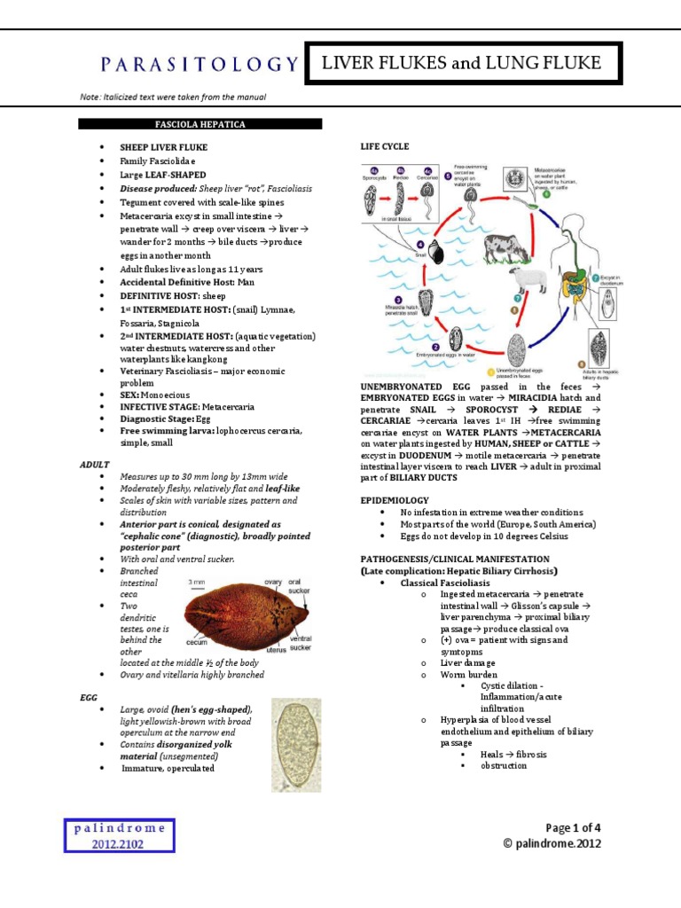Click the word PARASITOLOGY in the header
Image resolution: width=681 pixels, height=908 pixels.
tap(198, 64)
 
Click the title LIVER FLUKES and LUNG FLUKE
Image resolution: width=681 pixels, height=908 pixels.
tap(462, 63)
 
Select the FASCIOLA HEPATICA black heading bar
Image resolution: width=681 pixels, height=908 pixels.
tap(200, 124)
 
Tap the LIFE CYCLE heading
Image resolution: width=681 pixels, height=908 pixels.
tap(384, 145)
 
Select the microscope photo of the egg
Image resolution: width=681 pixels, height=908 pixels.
tap(296, 744)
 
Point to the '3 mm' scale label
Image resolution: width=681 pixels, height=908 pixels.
tap(199, 583)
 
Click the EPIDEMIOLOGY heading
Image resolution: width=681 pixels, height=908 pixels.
tap(394, 500)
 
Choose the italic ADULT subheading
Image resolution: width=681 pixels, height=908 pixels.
tap(93, 464)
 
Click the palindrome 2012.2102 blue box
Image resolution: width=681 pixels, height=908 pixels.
tap(119, 835)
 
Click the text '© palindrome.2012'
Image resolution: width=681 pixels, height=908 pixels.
tap(551, 843)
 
